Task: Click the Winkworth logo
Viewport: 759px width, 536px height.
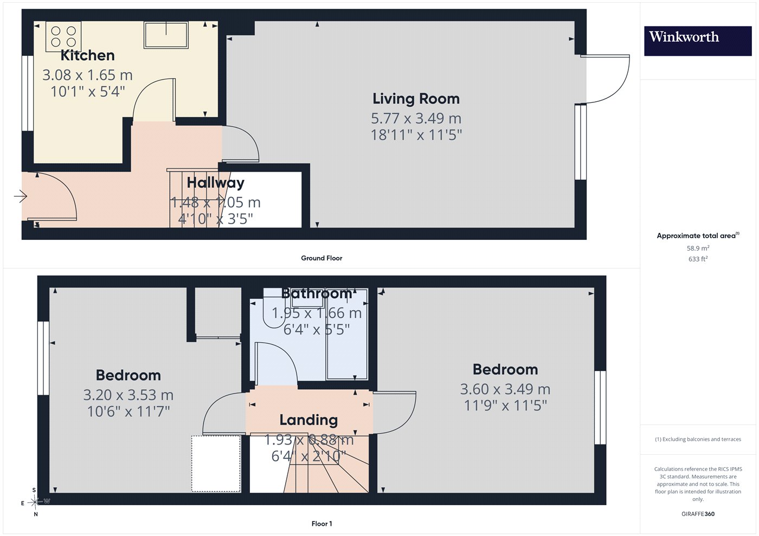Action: [x=698, y=41]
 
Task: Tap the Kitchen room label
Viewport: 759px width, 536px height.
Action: [x=87, y=55]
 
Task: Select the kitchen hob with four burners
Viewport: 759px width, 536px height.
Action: [x=63, y=36]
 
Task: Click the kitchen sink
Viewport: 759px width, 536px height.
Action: [x=166, y=35]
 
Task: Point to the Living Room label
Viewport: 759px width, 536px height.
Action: [x=416, y=99]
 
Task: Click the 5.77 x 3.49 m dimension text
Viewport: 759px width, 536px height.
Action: [x=416, y=119]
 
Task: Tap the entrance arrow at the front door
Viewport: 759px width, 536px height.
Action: [x=21, y=196]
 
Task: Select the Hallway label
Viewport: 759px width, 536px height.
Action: [x=216, y=183]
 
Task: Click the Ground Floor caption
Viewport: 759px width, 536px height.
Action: [x=321, y=258]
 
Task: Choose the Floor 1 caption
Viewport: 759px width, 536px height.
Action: [x=321, y=524]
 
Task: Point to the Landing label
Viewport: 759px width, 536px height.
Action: [x=308, y=420]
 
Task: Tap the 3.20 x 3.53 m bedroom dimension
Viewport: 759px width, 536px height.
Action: [x=128, y=395]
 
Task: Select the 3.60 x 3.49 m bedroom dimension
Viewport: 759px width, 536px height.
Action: [x=505, y=389]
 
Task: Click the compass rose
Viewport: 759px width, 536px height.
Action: [x=35, y=502]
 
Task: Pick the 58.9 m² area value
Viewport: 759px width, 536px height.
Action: [x=698, y=248]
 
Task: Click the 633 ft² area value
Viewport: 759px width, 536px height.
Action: [x=698, y=259]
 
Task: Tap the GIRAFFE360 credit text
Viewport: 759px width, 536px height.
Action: [x=698, y=514]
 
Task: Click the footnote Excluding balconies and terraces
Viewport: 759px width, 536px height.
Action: [x=698, y=439]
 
